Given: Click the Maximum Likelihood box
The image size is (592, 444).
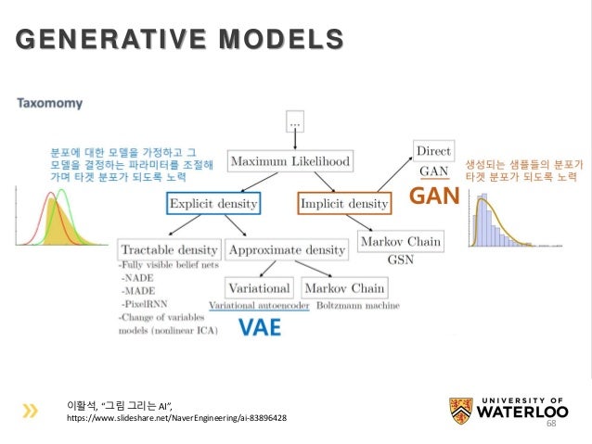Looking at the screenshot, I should point(290,162).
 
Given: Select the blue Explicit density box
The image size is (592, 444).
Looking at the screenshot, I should point(213,202).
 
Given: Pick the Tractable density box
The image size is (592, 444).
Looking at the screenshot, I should point(169,249).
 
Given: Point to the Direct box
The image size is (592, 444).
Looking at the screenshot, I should point(434,149).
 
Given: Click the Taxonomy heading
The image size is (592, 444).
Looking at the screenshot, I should point(49,104).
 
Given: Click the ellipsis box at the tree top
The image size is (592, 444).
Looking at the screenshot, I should point(295,121).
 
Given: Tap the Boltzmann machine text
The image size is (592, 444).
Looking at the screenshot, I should point(358,305).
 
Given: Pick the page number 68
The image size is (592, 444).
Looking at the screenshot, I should point(549,423).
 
